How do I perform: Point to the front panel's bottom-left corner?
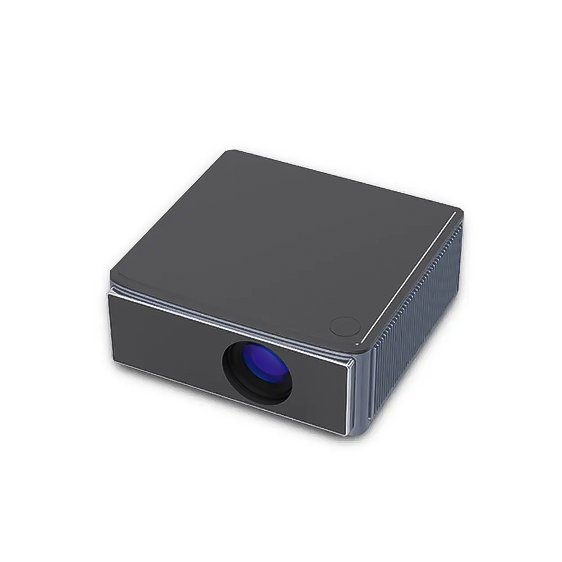[x=115, y=361]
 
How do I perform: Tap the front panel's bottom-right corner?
[x=344, y=433]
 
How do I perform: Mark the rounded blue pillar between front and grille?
[x=363, y=393]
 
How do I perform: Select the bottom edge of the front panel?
[x=225, y=396]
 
